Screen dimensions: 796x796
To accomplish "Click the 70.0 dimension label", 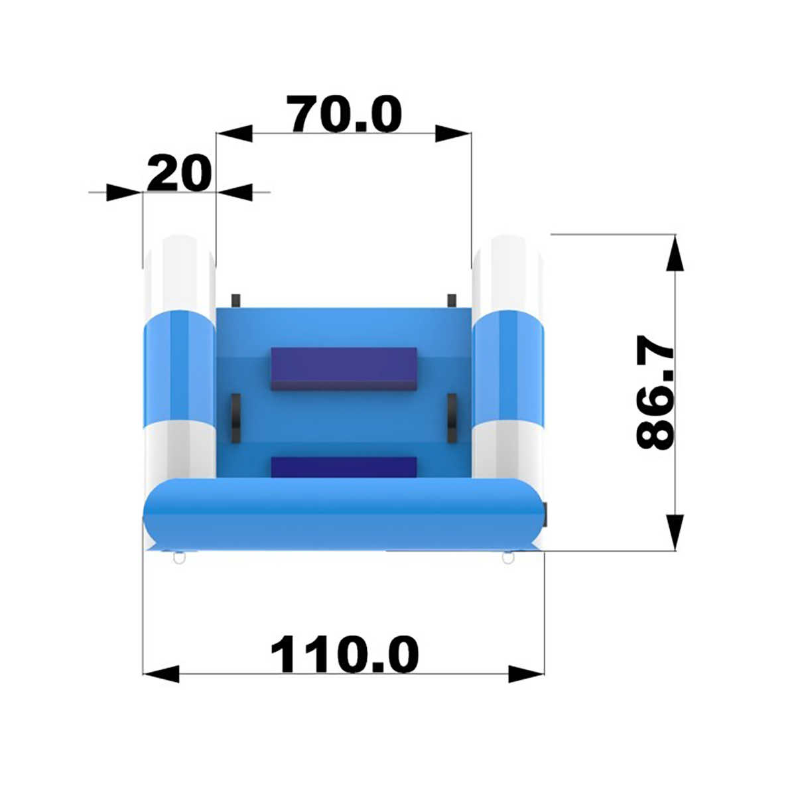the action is click(x=344, y=114).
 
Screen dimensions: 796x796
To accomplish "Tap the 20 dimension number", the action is click(x=179, y=172).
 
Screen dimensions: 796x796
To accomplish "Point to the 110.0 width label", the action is click(x=344, y=655).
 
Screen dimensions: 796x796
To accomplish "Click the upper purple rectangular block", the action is click(x=344, y=369).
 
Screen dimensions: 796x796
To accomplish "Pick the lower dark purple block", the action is click(x=344, y=468).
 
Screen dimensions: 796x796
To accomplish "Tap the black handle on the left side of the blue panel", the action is click(x=235, y=419).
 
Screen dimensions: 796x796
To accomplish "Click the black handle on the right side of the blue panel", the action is click(x=452, y=419).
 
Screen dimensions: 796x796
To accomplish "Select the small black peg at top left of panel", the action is click(x=236, y=300).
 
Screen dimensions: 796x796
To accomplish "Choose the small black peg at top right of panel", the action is click(x=452, y=300).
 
